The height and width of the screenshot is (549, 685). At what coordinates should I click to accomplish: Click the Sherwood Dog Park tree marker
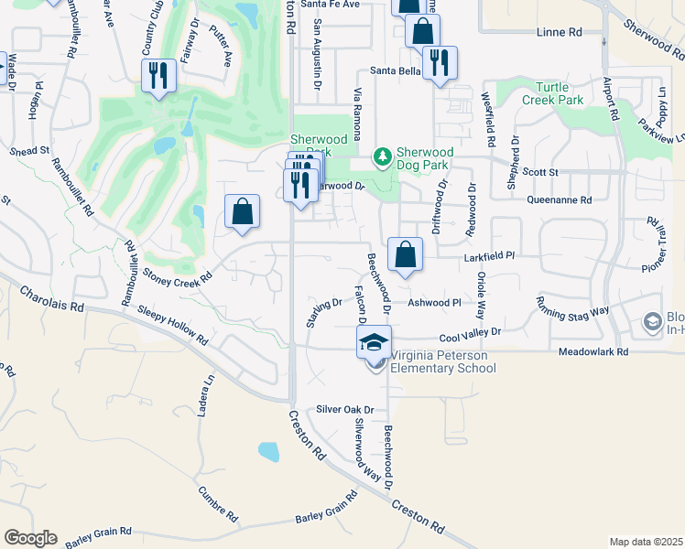(x=383, y=158)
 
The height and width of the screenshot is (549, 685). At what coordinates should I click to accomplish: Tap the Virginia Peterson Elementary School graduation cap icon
(x=374, y=342)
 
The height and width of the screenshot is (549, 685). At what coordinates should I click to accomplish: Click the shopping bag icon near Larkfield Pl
(x=404, y=254)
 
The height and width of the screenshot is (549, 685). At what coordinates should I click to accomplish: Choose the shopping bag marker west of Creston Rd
(x=242, y=212)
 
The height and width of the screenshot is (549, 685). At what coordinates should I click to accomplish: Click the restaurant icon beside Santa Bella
(x=440, y=62)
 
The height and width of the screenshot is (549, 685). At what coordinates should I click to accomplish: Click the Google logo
(x=30, y=538)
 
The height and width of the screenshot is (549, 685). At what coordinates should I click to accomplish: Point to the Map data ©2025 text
(x=645, y=542)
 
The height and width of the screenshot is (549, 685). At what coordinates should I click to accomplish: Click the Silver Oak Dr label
(x=346, y=410)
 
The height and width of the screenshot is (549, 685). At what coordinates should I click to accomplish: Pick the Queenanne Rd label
(x=559, y=199)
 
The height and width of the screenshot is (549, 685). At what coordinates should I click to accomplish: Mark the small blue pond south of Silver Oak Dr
(x=268, y=451)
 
